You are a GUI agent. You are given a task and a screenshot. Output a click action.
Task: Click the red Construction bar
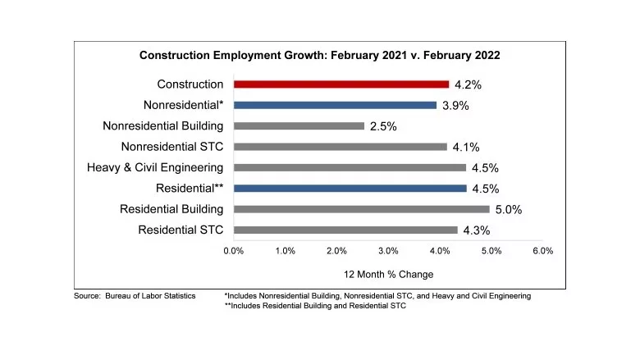pyautogui.click(x=341, y=84)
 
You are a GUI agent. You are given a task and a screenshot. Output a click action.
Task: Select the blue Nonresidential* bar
pyautogui.click(x=335, y=105)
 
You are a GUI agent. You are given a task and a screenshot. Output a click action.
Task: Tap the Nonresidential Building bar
pyautogui.click(x=299, y=126)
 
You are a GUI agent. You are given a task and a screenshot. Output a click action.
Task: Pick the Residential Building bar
pyautogui.click(x=361, y=209)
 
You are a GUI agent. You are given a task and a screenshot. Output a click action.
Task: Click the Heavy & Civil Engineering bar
pyautogui.click(x=350, y=167)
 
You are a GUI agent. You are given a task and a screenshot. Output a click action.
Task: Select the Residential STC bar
pyautogui.click(x=345, y=230)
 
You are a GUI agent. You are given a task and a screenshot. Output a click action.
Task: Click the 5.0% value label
pyautogui.click(x=509, y=210)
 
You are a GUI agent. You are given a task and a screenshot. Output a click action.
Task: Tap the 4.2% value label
pyautogui.click(x=469, y=84)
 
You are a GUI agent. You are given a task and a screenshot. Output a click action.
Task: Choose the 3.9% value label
pyautogui.click(x=455, y=106)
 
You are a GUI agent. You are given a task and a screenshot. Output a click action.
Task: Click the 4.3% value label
pyautogui.click(x=477, y=230)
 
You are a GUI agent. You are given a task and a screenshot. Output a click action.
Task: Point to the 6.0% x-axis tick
pyautogui.click(x=542, y=250)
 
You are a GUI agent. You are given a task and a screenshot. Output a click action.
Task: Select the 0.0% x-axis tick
pyautogui.click(x=234, y=250)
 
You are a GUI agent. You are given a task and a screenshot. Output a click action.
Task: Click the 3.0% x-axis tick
pyautogui.click(x=388, y=250)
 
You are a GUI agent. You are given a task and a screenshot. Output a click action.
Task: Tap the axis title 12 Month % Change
pyautogui.click(x=388, y=274)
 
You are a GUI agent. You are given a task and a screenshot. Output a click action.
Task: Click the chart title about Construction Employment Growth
pyautogui.click(x=320, y=56)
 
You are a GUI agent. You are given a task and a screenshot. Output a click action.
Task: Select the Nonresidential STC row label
pyautogui.click(x=172, y=147)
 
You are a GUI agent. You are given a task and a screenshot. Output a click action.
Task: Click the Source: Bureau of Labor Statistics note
pyautogui.click(x=135, y=295)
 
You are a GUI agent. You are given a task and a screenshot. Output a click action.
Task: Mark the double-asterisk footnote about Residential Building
pyautogui.click(x=314, y=306)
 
